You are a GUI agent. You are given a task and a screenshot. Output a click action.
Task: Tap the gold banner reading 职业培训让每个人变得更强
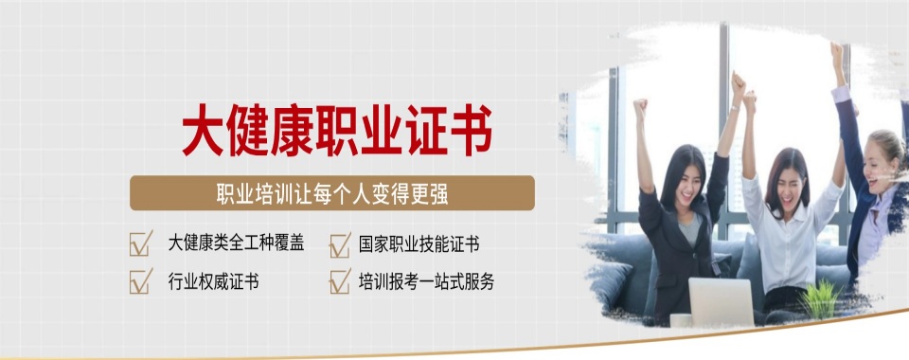click(332, 193)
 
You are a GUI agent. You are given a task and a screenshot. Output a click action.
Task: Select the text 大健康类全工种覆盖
click(236, 243)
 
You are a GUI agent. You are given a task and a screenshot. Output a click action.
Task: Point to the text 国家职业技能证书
click(419, 244)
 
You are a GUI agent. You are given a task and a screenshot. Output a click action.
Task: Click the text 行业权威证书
click(214, 281)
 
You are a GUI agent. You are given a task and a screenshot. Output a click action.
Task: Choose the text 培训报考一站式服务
click(426, 281)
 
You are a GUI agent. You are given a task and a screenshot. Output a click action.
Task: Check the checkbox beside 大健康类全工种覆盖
click(141, 244)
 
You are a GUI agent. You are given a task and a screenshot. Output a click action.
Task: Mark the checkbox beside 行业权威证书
click(141, 281)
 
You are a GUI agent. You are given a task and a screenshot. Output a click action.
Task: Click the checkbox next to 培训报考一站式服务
click(340, 282)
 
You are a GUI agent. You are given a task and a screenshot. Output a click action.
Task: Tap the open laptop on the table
click(721, 301)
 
